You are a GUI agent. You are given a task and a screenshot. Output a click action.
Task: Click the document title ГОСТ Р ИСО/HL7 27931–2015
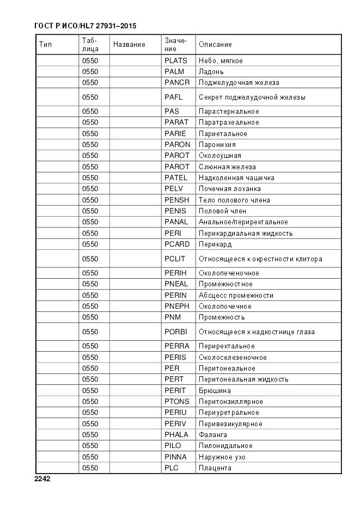84,26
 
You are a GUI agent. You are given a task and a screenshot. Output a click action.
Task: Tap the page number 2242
42,479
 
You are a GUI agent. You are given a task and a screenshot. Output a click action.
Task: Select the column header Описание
215,45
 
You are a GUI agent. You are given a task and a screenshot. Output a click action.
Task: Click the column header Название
129,45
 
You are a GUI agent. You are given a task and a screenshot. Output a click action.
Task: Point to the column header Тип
45,45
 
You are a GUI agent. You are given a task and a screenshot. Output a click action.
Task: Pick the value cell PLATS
175,61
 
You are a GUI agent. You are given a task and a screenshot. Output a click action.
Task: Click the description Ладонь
211,72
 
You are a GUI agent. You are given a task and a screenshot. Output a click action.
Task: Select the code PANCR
177,83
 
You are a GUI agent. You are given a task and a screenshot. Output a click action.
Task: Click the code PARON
177,145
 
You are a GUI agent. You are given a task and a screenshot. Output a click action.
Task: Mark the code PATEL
175,178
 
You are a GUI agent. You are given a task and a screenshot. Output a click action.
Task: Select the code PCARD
177,244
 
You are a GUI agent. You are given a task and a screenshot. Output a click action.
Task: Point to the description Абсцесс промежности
236,296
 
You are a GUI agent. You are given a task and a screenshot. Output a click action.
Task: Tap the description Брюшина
215,391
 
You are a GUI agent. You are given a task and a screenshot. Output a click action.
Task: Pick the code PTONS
176,402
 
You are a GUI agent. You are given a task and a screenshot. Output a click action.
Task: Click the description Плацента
215,468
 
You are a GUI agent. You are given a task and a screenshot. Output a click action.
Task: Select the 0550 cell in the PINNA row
90,457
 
